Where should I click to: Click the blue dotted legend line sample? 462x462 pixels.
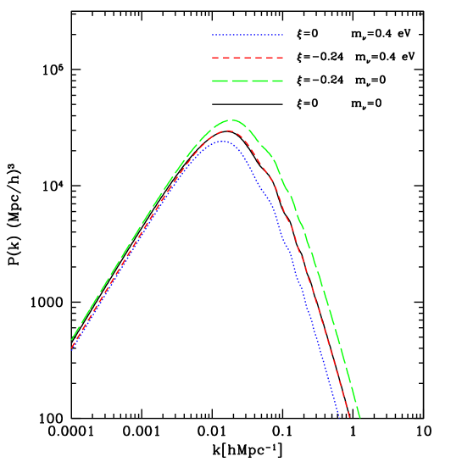tap(248, 35)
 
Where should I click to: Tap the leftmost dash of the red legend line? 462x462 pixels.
tap(215, 58)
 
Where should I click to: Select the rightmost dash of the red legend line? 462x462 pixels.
tap(280, 58)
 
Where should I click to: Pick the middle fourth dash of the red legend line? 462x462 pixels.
tap(248, 58)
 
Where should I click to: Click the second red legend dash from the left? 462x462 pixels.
tap(226, 58)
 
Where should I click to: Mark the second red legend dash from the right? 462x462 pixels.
tap(270, 58)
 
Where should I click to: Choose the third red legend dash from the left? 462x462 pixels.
tap(237, 58)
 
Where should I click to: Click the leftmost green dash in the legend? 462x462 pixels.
tap(220, 81)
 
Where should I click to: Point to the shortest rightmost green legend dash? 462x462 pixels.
tap(277, 81)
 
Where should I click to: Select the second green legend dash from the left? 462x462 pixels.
tap(240, 81)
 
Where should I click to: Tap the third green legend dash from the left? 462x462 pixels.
tap(259, 81)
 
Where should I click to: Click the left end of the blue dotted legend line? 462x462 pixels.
tap(213, 35)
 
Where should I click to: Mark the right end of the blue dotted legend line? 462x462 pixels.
tap(282, 35)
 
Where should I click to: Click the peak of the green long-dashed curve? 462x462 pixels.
tap(231, 120)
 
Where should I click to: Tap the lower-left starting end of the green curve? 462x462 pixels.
tap(71, 340)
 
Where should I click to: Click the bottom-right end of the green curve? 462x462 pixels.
tap(360, 417)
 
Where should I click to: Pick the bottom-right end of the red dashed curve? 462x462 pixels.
tap(349, 417)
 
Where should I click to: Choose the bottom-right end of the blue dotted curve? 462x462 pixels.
tap(339, 416)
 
